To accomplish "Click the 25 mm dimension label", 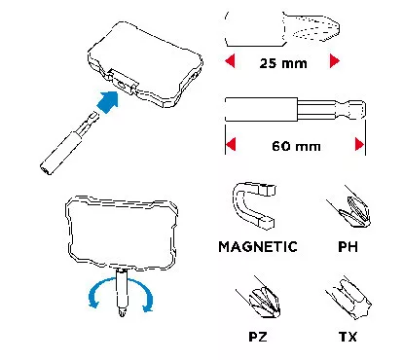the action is (283, 63).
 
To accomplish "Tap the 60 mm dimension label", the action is (296, 146).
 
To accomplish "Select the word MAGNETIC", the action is (258, 247).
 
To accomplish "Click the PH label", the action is (348, 247).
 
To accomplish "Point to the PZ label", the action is (258, 337).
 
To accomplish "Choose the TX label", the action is (348, 337).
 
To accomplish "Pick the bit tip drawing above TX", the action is (352, 300).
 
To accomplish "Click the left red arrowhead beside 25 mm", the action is (230, 60).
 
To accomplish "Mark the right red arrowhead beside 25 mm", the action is (335, 60).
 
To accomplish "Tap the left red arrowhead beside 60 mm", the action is (231, 144).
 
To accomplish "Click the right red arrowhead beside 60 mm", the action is (359, 144).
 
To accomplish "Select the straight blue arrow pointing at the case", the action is (108, 102).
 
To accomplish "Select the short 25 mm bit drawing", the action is (282, 29).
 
